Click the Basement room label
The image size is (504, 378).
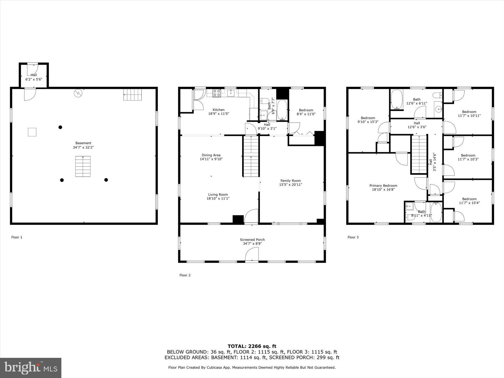pyautogui.click(x=83, y=143)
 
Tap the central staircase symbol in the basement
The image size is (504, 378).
pyautogui.click(x=83, y=166)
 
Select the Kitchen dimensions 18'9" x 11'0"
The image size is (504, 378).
pyautogui.click(x=218, y=114)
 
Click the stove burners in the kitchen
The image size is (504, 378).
pyautogui.click(x=216, y=93)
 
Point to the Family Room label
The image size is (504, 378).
pyautogui.click(x=291, y=181)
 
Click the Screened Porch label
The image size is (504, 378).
pyautogui.click(x=252, y=240)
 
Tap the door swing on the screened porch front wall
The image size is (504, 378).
pyautogui.click(x=252, y=255)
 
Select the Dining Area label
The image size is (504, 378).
pyautogui.click(x=211, y=155)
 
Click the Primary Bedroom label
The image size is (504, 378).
pyautogui.click(x=383, y=186)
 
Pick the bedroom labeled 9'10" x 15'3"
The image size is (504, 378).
pyautogui.click(x=368, y=120)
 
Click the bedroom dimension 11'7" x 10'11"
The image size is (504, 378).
pyautogui.click(x=469, y=116)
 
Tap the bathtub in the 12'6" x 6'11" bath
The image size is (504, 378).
pyautogui.click(x=396, y=99)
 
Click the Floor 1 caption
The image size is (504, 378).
pyautogui.click(x=17, y=237)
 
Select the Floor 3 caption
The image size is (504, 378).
pyautogui.click(x=353, y=237)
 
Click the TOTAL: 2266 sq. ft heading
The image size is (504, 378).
pyautogui.click(x=252, y=346)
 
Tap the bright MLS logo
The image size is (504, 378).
pyautogui.click(x=31, y=368)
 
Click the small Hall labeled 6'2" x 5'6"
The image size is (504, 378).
pyautogui.click(x=34, y=77)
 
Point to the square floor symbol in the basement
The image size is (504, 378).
pyautogui.click(x=32, y=132)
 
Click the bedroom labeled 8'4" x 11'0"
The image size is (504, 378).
pyautogui.click(x=306, y=112)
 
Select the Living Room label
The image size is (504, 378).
pyautogui.click(x=218, y=195)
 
